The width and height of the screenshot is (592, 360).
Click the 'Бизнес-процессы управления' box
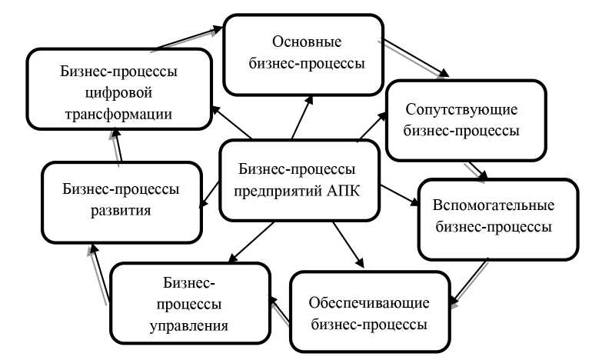pyautogui.click(x=190, y=303)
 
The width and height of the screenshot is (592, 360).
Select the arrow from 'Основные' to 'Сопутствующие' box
pyautogui.click(x=416, y=55)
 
